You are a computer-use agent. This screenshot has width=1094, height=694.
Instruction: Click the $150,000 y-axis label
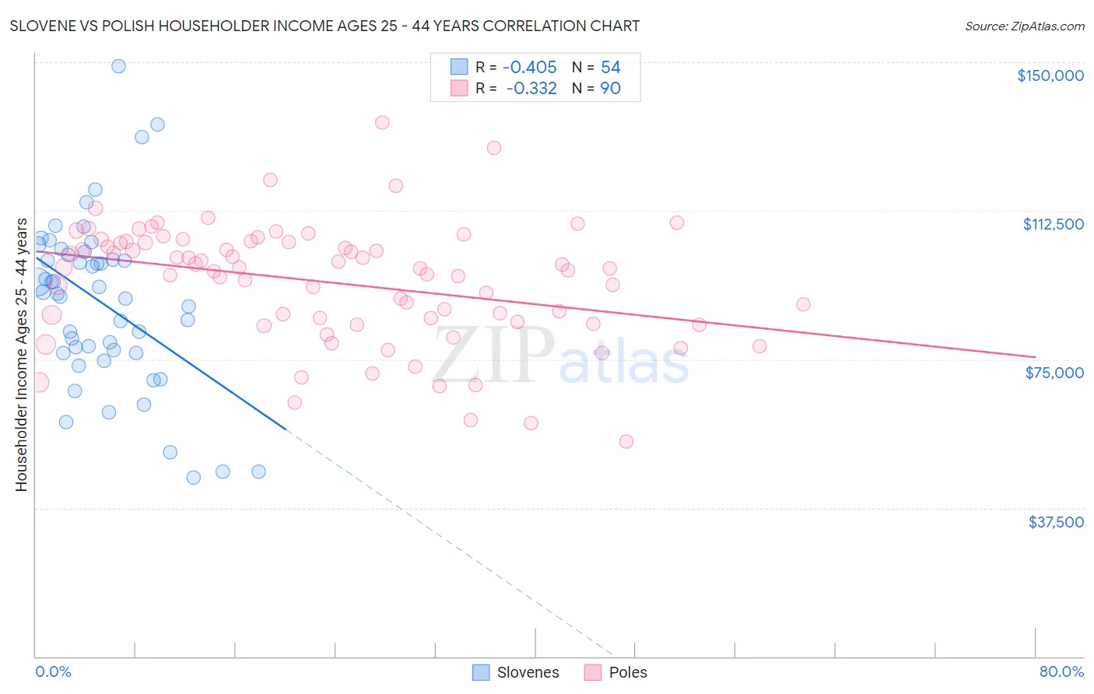pyautogui.click(x=1050, y=75)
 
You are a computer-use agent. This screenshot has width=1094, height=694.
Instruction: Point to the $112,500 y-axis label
pyautogui.click(x=1053, y=224)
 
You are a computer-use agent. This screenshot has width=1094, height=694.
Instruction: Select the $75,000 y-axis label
pyautogui.click(x=1054, y=373)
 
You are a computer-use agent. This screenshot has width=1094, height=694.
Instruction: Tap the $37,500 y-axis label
pyautogui.click(x=1055, y=522)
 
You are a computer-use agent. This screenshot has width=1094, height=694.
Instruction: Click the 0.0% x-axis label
pyautogui.click(x=53, y=671)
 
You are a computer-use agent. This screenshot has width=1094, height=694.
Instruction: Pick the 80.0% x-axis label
pyautogui.click(x=1061, y=671)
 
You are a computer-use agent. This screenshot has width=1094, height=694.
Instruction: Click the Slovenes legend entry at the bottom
pyautogui.click(x=516, y=672)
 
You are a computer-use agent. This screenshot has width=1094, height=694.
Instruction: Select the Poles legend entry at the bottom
pyautogui.click(x=615, y=672)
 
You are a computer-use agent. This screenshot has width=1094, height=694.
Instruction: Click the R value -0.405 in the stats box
pyautogui.click(x=529, y=68)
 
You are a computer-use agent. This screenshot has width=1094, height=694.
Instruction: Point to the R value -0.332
pyautogui.click(x=531, y=89)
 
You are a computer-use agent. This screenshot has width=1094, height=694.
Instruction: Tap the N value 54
pyautogui.click(x=610, y=68)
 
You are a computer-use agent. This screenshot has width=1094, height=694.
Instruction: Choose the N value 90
pyautogui.click(x=610, y=89)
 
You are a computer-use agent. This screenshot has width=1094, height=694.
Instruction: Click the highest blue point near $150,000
pyautogui.click(x=118, y=66)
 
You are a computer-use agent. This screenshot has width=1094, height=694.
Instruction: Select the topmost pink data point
pyautogui.click(x=382, y=122)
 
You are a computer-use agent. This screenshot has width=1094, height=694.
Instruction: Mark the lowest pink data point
pyautogui.click(x=626, y=441)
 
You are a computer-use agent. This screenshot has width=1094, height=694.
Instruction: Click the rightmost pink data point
pyautogui.click(x=803, y=304)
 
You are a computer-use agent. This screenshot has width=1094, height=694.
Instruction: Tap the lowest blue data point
pyautogui.click(x=194, y=478)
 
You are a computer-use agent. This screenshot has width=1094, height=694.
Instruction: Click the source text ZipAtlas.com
pyautogui.click(x=1024, y=26)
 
